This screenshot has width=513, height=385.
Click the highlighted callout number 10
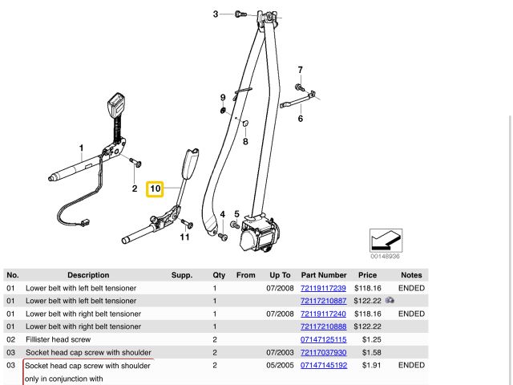156,189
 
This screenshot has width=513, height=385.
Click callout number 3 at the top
216,14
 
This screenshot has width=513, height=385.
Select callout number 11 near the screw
184,237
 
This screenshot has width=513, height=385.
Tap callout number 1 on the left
81,148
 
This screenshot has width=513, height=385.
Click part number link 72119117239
323,288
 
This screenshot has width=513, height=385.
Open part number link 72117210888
323,326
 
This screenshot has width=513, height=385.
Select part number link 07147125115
323,339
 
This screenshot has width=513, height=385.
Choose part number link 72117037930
323,352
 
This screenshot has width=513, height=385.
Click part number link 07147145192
323,365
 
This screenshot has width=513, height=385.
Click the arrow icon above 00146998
385,240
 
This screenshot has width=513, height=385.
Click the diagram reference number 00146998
385,257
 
